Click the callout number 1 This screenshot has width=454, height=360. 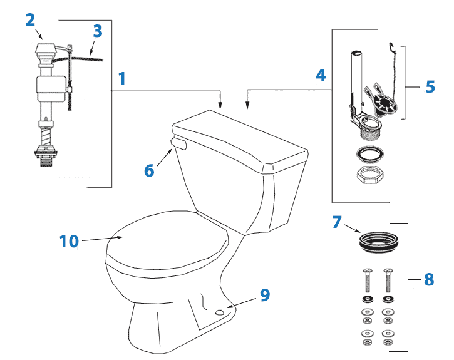(121, 78)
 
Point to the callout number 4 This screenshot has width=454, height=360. (320, 76)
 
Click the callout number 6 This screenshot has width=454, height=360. (149, 170)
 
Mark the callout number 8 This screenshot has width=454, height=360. (428, 279)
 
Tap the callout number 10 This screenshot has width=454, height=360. (69, 241)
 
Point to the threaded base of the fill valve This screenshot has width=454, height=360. (46, 156)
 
